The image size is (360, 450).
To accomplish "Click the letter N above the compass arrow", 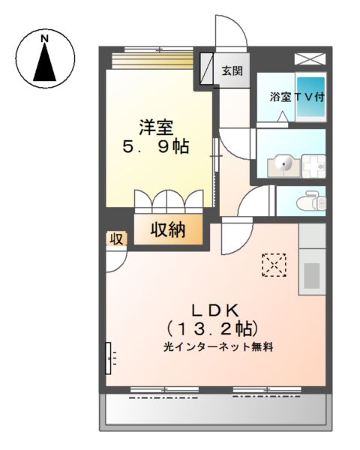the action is pos(44,38).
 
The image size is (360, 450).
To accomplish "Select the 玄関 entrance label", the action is pos(232,70).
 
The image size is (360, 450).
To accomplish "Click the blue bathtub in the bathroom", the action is pos(310,97).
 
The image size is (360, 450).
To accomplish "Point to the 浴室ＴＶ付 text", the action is pos(297,97).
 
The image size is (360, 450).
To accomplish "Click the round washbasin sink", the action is pos(283,166).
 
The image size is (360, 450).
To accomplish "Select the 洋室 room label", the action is pos(156,127).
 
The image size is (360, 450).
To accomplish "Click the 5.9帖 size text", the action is pos(156,147).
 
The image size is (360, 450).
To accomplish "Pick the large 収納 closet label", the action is pos(168,230).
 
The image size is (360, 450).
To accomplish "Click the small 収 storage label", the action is pos(116,238).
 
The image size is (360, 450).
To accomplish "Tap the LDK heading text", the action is pos(215,310).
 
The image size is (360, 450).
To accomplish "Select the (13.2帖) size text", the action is pos(213,329).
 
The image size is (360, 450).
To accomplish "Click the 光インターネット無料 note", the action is pos(218,347).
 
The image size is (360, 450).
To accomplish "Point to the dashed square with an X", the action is pos(274,265).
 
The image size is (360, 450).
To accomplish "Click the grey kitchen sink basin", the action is pos(312,276).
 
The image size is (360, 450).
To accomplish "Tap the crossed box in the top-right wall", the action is pos(310,59).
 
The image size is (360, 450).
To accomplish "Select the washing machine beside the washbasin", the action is pos(313,166).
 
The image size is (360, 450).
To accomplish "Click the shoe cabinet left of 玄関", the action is pos(207,68).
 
